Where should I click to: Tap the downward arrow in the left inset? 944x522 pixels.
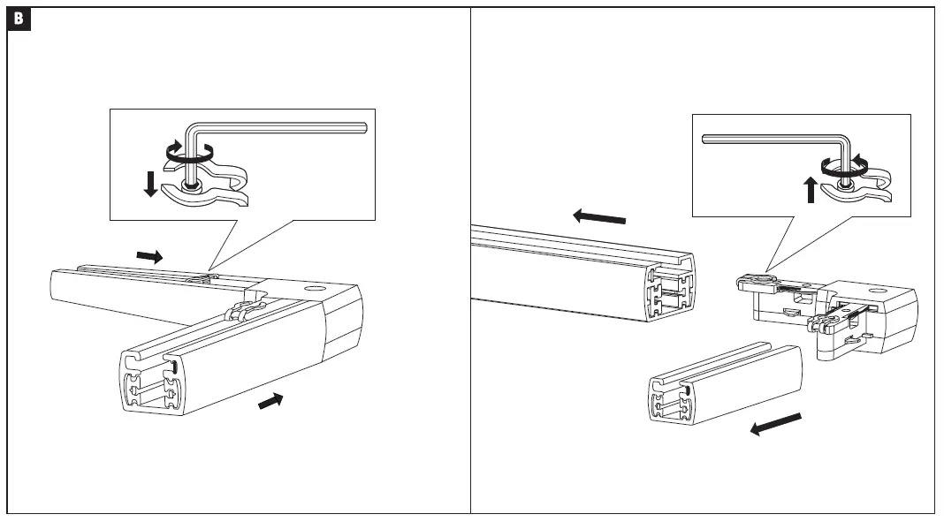pos(150,184)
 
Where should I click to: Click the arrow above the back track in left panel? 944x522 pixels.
pos(149,255)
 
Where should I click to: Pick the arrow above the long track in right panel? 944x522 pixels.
pos(599,216)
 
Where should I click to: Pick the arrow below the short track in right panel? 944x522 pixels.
pos(775,425)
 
